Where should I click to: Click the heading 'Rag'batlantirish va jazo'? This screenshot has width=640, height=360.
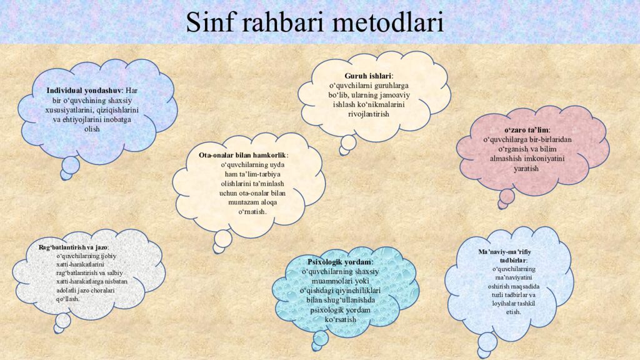[73, 247]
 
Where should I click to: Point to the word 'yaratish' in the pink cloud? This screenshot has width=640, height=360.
[526, 169]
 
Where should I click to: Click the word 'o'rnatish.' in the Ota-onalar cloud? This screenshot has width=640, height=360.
[252, 212]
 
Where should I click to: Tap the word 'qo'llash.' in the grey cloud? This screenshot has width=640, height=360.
[68, 299]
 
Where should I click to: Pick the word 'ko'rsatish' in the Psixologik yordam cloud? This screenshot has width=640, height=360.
[341, 319]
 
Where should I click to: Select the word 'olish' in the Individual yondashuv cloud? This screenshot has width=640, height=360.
[92, 129]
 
